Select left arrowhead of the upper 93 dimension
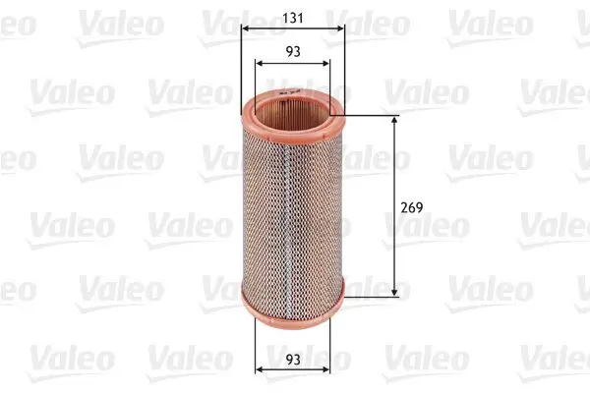tap(259, 64)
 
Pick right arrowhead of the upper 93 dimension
tap(329, 64)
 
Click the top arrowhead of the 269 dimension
tap(395, 120)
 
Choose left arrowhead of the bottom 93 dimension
tap(259, 370)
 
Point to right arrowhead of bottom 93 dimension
tap(329, 370)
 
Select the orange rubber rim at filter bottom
tap(294, 305)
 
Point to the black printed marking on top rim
tap(286, 91)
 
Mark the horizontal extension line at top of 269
tap(369, 116)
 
